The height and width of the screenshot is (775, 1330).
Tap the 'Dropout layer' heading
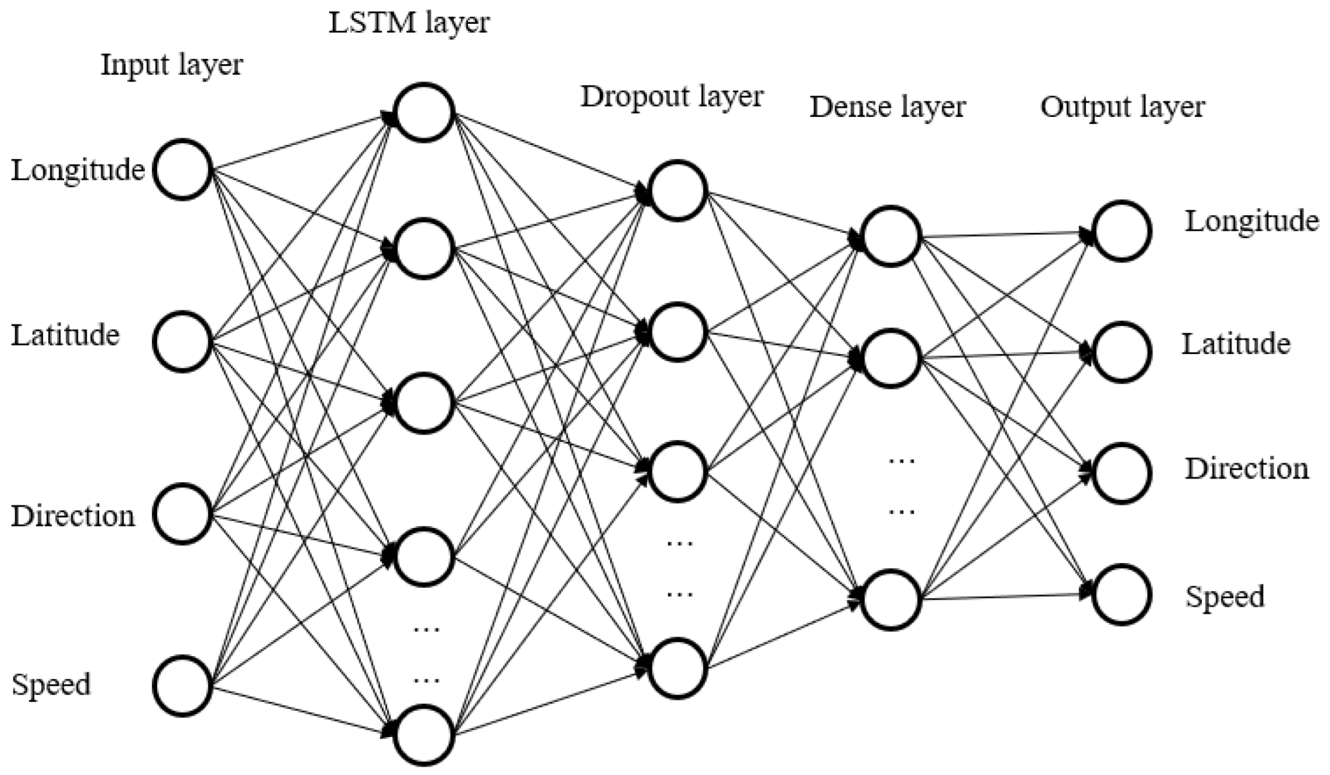pyautogui.click(x=672, y=97)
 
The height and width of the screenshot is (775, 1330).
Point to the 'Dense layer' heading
pyautogui.click(x=888, y=107)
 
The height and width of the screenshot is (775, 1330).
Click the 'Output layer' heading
pyautogui.click(x=1122, y=107)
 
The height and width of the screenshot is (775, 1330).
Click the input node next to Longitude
pyautogui.click(x=183, y=169)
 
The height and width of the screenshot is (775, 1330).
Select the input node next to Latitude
pyautogui.click(x=183, y=341)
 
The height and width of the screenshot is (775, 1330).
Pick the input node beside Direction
pyautogui.click(x=183, y=514)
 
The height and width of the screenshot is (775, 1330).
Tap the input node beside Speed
pyautogui.click(x=183, y=686)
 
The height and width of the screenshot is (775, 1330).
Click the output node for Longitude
pyautogui.click(x=1122, y=231)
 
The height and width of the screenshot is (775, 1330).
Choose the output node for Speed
pyautogui.click(x=1122, y=594)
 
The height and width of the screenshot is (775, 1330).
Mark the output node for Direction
pyautogui.click(x=1122, y=473)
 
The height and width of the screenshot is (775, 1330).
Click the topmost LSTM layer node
pyautogui.click(x=424, y=113)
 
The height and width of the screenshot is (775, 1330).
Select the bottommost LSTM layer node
pyautogui.click(x=424, y=735)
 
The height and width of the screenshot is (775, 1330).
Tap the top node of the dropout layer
pyautogui.click(x=677, y=191)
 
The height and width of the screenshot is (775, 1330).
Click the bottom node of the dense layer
pyautogui.click(x=891, y=600)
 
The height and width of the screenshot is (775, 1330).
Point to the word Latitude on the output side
pyautogui.click(x=1236, y=344)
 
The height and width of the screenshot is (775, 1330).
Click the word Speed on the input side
pyautogui.click(x=51, y=685)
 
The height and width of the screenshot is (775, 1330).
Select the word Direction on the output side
pyautogui.click(x=1247, y=469)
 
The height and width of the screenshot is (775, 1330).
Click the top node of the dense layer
pyautogui.click(x=891, y=236)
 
